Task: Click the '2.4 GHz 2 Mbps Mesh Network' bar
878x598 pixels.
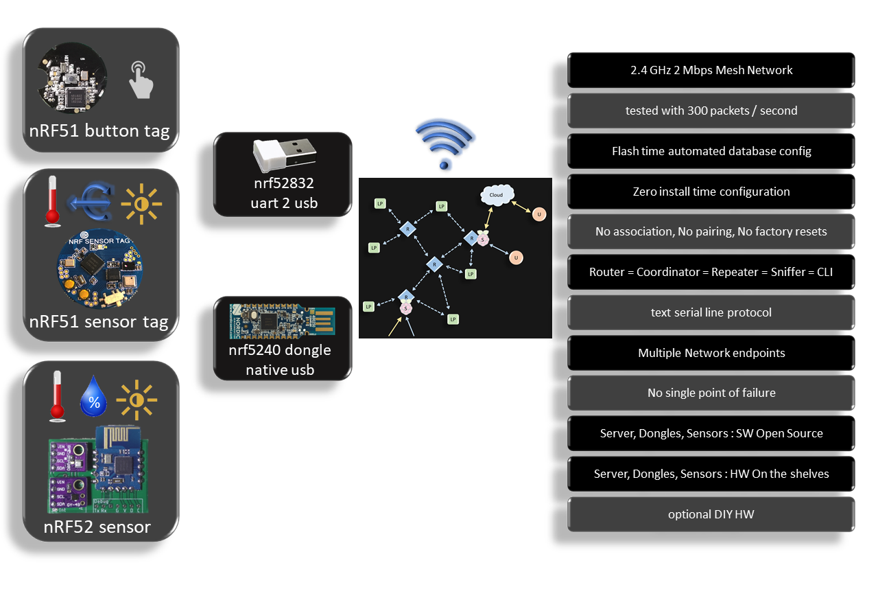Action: click(711, 70)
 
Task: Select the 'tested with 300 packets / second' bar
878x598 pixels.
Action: click(711, 111)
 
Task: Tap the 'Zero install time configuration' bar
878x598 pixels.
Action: click(711, 192)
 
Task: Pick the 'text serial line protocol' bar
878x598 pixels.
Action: click(711, 312)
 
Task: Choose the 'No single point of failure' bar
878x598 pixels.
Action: click(711, 393)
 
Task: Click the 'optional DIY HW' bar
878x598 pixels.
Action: click(711, 514)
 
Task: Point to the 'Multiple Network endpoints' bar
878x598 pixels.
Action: click(711, 353)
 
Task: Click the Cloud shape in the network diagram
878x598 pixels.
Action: click(496, 195)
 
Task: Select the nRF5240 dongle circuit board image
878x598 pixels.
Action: click(283, 320)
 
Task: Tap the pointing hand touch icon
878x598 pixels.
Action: click(141, 80)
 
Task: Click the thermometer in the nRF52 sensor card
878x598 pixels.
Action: click(56, 397)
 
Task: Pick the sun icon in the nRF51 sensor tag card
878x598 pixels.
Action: click(141, 203)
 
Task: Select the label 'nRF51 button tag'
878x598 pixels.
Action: click(99, 130)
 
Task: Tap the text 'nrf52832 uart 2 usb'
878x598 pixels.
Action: click(283, 193)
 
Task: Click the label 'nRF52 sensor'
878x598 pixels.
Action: click(97, 527)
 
